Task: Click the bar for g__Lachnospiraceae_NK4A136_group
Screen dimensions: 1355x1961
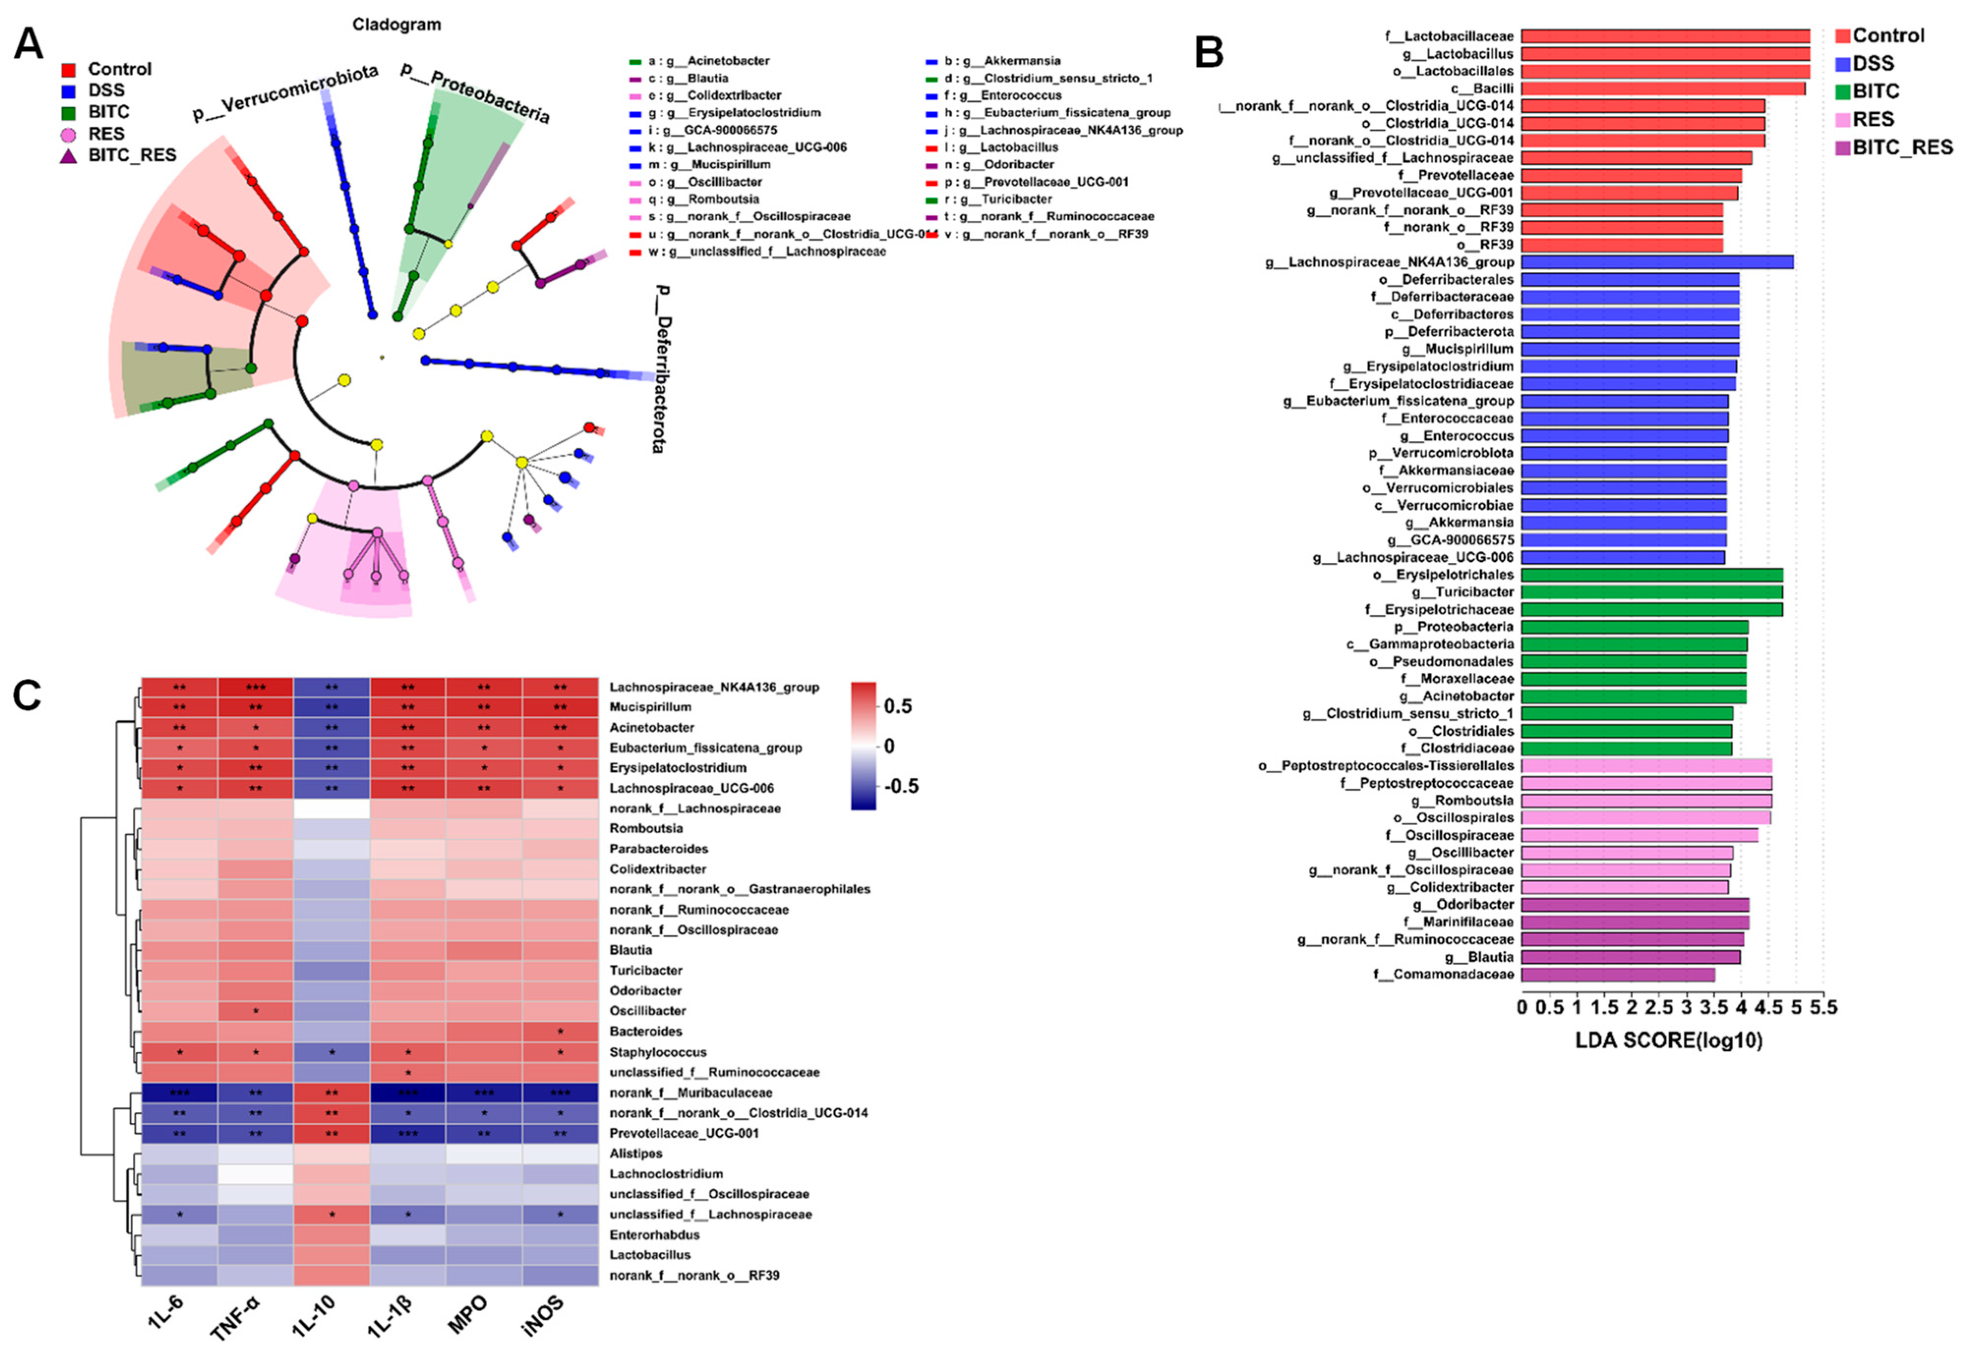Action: [1656, 262]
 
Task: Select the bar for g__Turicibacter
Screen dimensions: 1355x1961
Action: [1651, 592]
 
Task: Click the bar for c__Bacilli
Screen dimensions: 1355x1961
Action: [1662, 88]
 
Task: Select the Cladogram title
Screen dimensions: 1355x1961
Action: [397, 25]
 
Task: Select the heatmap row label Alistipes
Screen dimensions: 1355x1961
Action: [635, 1153]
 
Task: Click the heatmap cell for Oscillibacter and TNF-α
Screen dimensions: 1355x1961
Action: [256, 1011]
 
